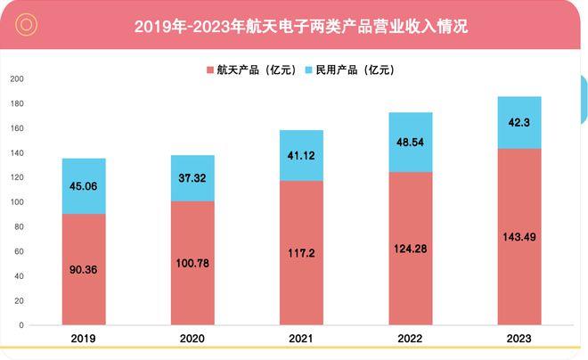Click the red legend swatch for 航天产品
(x=209, y=70)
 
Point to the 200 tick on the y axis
(x=17, y=79)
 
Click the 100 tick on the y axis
(x=17, y=202)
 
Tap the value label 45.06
(x=85, y=187)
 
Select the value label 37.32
(x=193, y=178)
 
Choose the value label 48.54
(x=411, y=142)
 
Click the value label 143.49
(x=519, y=236)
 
